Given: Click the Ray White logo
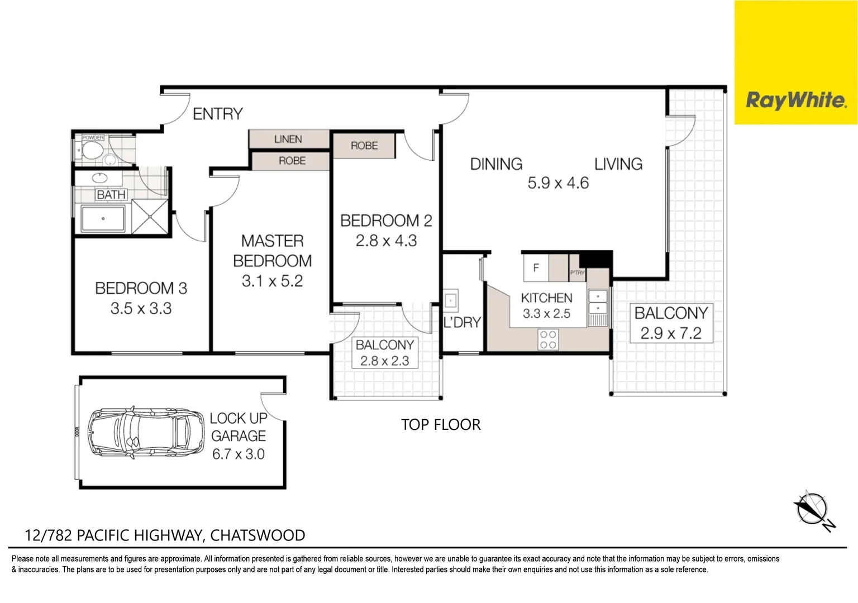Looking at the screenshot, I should (795, 100).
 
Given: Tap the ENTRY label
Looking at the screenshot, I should (217, 114).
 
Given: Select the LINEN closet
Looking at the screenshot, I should (288, 139).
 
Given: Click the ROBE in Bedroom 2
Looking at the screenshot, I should (364, 146).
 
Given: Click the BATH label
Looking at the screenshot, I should (111, 195).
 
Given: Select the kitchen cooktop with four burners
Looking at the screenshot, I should (548, 339).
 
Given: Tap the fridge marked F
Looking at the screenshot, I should (536, 268).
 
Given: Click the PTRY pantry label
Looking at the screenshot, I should (577, 272).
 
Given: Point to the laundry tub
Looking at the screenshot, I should (451, 300).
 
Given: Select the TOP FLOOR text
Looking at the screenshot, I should (441, 424).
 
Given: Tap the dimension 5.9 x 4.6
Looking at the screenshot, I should (557, 183).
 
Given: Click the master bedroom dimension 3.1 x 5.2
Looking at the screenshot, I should (272, 281).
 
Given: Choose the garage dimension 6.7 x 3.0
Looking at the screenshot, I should (238, 454).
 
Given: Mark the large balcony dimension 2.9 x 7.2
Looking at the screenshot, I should (670, 333).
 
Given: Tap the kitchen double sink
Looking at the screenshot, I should (597, 301).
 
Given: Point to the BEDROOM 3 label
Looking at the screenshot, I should (141, 288).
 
